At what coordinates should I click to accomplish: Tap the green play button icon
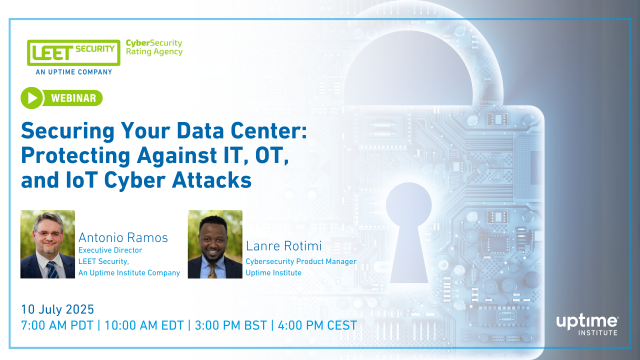[33, 98]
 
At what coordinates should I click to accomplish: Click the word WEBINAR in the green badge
[76, 98]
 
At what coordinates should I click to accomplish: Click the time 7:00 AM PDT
[61, 325]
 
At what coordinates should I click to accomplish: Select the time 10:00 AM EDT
[149, 325]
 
